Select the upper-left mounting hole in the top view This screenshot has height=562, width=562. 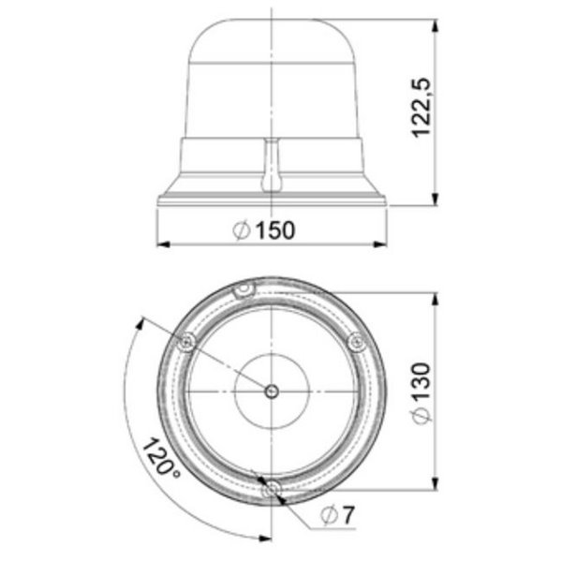tap(187, 343)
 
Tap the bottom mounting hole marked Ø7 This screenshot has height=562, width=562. tap(271, 488)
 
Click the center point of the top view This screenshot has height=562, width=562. tap(271, 392)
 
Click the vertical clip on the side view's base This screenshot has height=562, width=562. tap(271, 166)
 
